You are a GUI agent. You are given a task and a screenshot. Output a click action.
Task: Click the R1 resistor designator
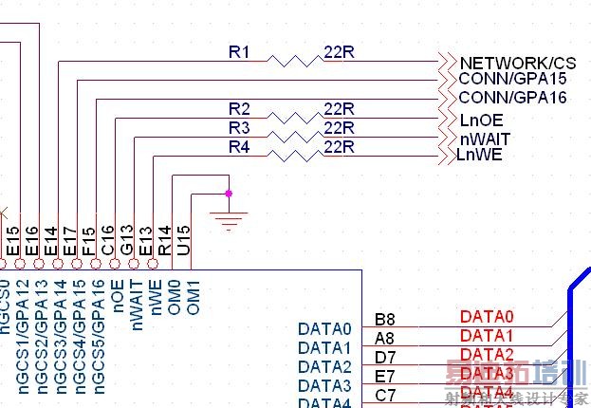[239, 52]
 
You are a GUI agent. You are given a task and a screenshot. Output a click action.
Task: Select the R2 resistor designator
[239, 108]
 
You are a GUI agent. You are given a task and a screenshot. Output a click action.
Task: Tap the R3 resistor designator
[239, 127]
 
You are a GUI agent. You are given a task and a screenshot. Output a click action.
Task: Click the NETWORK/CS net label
[517, 63]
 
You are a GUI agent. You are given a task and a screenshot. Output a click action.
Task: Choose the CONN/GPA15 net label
[512, 79]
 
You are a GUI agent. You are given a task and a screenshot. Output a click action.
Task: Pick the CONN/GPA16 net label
[512, 98]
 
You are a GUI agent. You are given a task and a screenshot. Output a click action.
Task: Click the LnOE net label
[481, 121]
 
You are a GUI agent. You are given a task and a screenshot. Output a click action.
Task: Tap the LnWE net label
[479, 155]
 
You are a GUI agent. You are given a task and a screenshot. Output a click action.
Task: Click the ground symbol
[229, 221]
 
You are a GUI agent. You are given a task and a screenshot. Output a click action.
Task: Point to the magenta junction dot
[229, 194]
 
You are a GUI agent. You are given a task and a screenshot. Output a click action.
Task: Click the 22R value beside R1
[339, 52]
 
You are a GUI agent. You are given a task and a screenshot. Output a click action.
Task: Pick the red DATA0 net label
[486, 317]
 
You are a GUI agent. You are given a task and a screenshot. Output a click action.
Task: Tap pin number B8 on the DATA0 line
[385, 319]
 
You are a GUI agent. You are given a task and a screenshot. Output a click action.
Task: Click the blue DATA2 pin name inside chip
[324, 367]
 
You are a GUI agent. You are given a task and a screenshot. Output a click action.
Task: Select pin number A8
[385, 338]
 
